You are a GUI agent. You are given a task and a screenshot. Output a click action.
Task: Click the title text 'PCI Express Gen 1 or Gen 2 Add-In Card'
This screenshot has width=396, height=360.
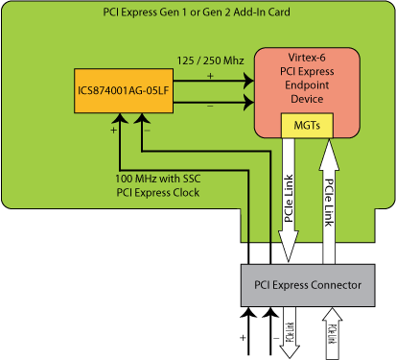coord(198,14)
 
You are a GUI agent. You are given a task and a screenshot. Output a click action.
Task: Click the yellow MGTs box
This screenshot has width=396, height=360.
coord(305,125)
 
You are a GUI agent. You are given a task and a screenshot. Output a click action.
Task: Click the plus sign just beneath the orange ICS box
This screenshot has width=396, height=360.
coord(113,128)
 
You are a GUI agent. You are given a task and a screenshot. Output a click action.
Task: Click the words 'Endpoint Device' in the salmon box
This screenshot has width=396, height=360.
coord(307,94)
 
